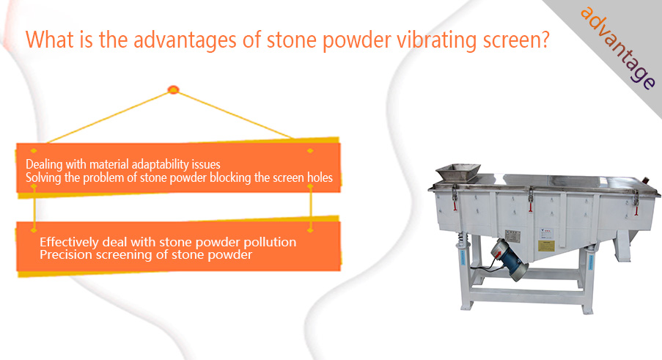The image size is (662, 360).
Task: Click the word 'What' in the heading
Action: point(46,40)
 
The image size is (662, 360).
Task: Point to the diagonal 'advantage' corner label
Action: point(618,48)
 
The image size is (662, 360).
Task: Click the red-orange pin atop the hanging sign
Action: point(174,89)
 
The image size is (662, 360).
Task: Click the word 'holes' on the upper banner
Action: point(320,177)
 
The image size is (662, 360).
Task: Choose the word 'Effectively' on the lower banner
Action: point(69,242)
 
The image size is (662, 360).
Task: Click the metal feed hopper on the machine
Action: point(458,172)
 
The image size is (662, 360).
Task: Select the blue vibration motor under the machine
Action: point(510,259)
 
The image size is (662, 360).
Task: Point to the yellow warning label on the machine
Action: point(546,246)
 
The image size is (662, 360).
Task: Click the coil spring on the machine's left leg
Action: point(462,239)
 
